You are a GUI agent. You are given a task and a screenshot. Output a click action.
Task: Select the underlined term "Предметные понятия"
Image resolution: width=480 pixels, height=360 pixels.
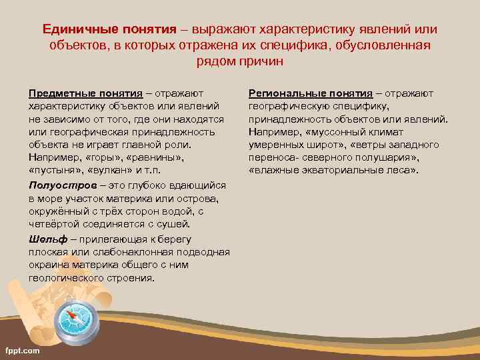(x=85, y=93)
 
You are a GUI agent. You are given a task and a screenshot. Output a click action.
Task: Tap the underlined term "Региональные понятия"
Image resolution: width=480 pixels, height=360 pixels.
(x=310, y=93)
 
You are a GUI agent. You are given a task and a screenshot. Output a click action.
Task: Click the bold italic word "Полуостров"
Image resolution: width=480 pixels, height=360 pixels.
(x=60, y=186)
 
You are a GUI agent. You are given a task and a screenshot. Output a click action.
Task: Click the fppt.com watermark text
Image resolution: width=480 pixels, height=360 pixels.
(x=22, y=351)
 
